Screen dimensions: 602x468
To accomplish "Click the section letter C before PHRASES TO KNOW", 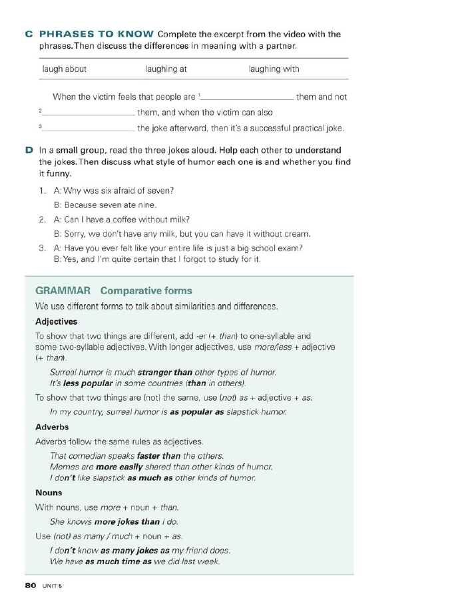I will [x=29, y=34].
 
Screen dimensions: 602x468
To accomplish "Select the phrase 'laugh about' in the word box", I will [x=64, y=69].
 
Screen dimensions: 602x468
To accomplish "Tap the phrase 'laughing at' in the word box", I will [x=166, y=69].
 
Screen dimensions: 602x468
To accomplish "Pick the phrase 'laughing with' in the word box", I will [x=274, y=69].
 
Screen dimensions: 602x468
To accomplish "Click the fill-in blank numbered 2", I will [x=89, y=113].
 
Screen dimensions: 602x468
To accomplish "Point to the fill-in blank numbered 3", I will [x=89, y=128].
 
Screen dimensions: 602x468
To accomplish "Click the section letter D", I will [x=29, y=150].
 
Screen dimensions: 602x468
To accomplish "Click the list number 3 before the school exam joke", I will [x=41, y=248].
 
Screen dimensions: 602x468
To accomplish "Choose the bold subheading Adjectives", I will [x=56, y=321].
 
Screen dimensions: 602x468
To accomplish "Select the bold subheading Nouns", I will [x=49, y=493].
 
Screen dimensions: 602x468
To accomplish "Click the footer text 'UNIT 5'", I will [x=52, y=585].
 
